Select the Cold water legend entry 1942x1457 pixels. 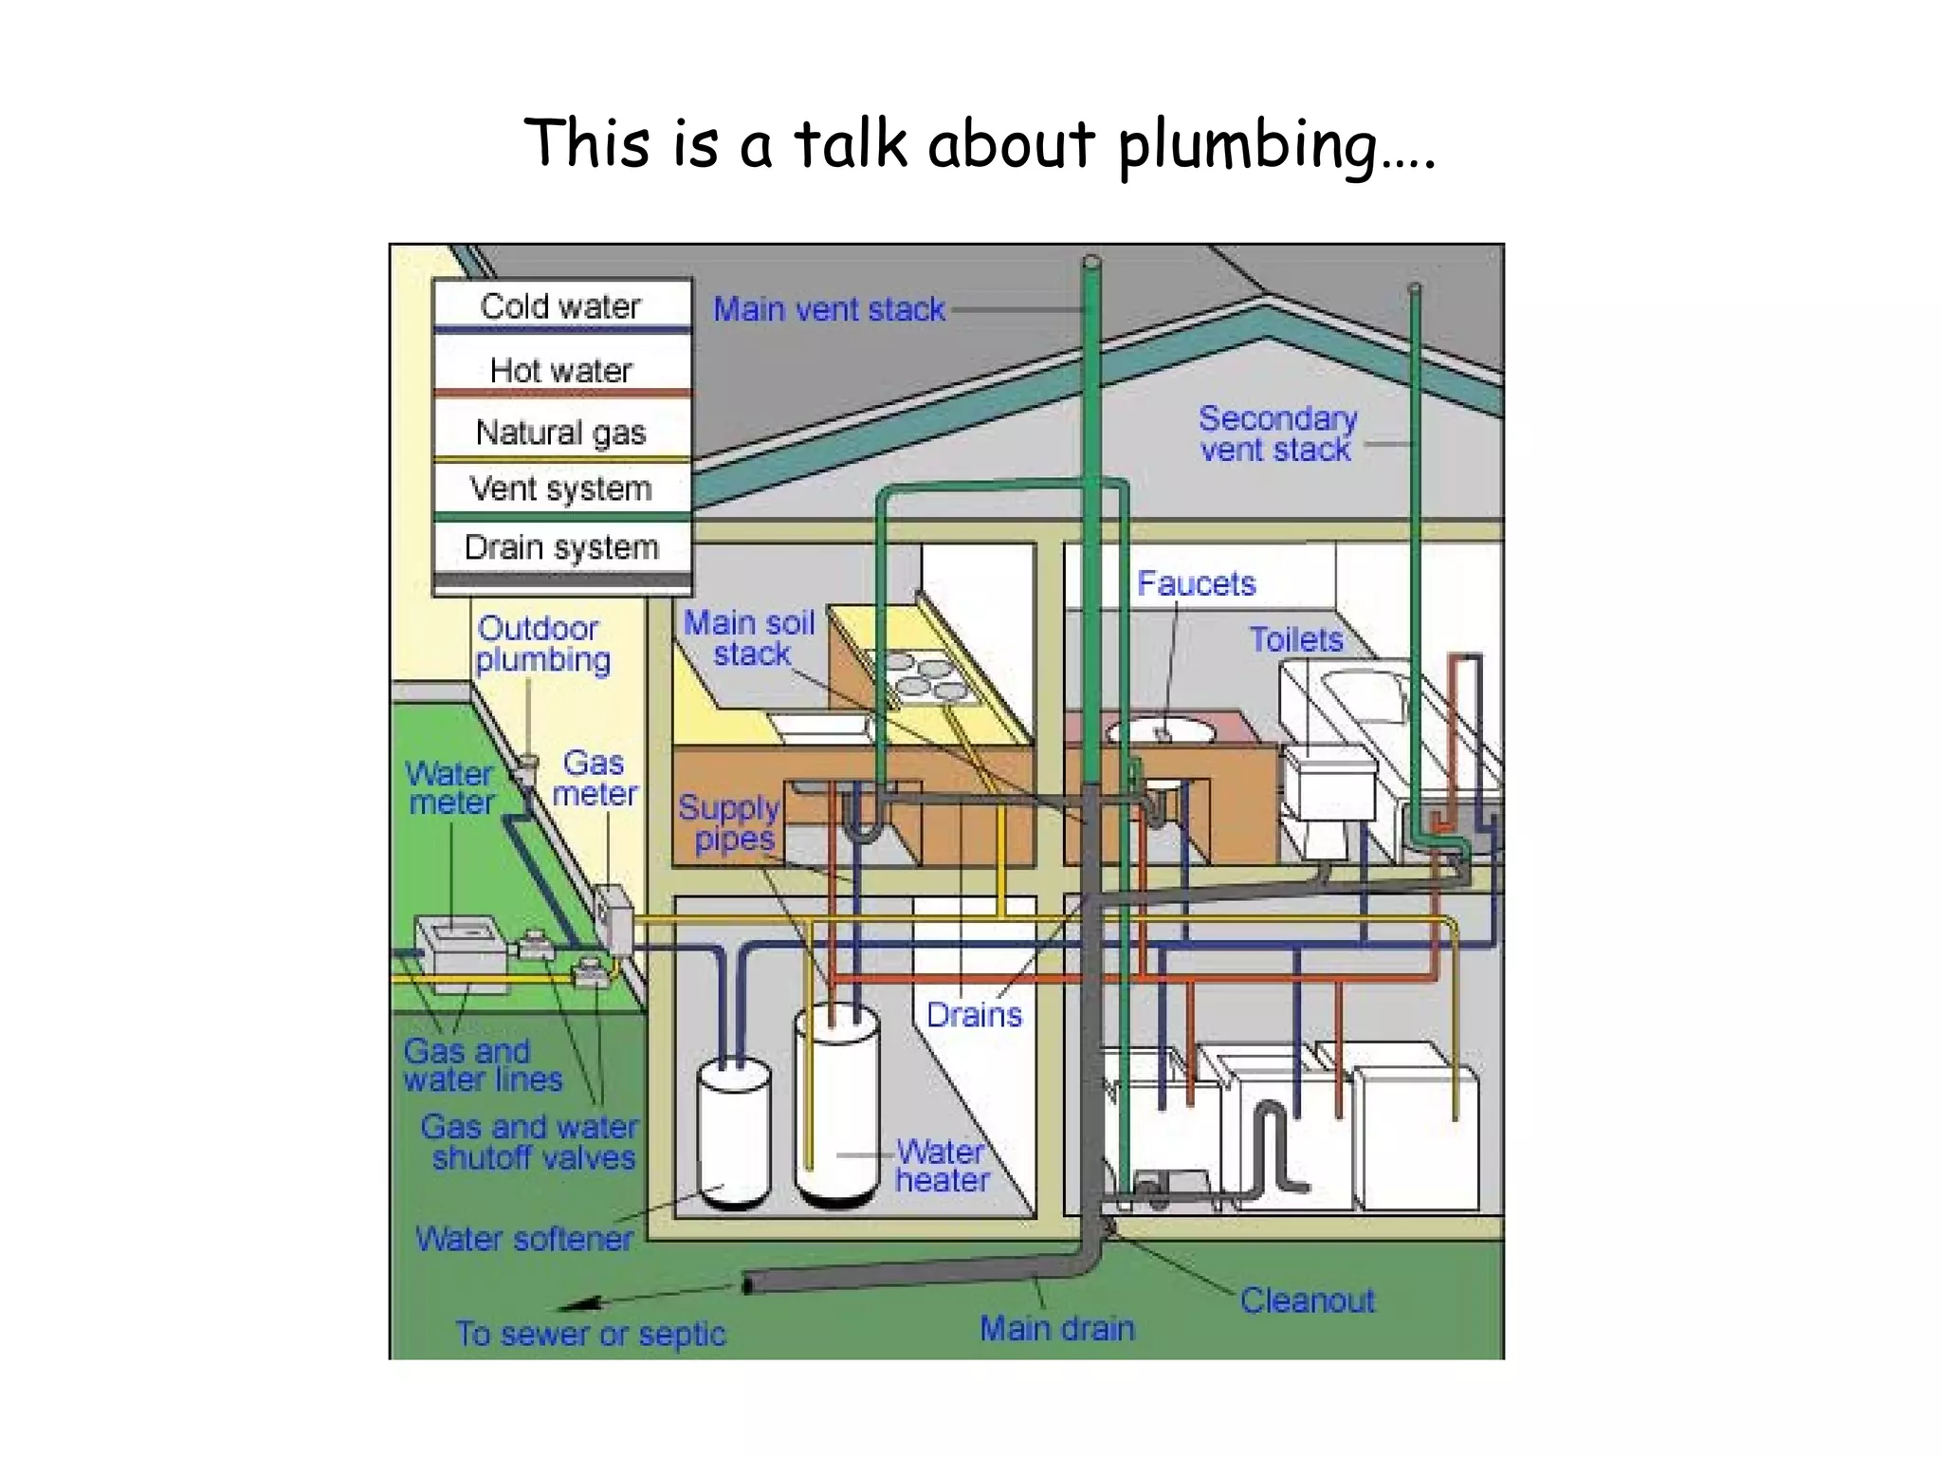click(x=560, y=306)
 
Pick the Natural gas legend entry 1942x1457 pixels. click(x=560, y=433)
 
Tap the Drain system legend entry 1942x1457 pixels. click(x=560, y=547)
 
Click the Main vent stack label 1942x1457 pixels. click(x=829, y=309)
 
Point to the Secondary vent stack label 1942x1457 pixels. click(x=1276, y=433)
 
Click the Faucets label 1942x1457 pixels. click(x=1196, y=583)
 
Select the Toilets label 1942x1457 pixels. click(x=1295, y=639)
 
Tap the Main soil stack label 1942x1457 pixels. click(x=750, y=638)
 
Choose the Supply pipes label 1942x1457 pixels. click(x=728, y=823)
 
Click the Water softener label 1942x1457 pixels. click(x=523, y=1238)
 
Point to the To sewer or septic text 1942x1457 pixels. click(x=590, y=1334)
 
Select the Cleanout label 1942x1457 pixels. click(x=1307, y=1300)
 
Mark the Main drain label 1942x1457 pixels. click(x=1056, y=1328)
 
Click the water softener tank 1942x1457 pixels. click(x=733, y=1134)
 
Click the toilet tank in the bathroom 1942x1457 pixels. click(x=1328, y=783)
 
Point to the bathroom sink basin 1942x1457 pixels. click(x=1162, y=731)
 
